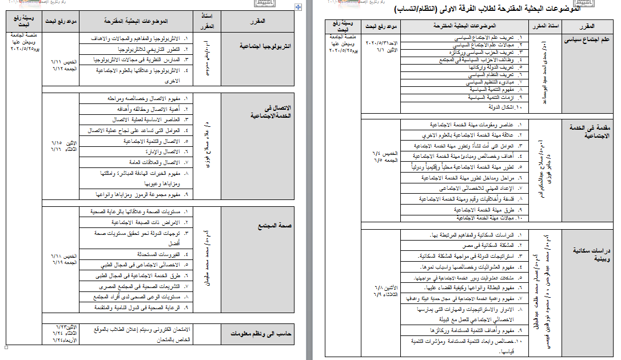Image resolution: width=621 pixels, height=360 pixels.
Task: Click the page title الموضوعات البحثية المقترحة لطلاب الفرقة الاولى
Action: [x=487, y=10]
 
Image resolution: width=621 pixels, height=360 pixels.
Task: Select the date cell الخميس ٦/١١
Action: [x=63, y=65]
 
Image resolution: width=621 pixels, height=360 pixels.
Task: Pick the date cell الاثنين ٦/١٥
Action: [x=63, y=145]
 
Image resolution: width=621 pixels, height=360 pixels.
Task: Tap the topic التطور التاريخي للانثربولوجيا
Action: [x=148, y=49]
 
